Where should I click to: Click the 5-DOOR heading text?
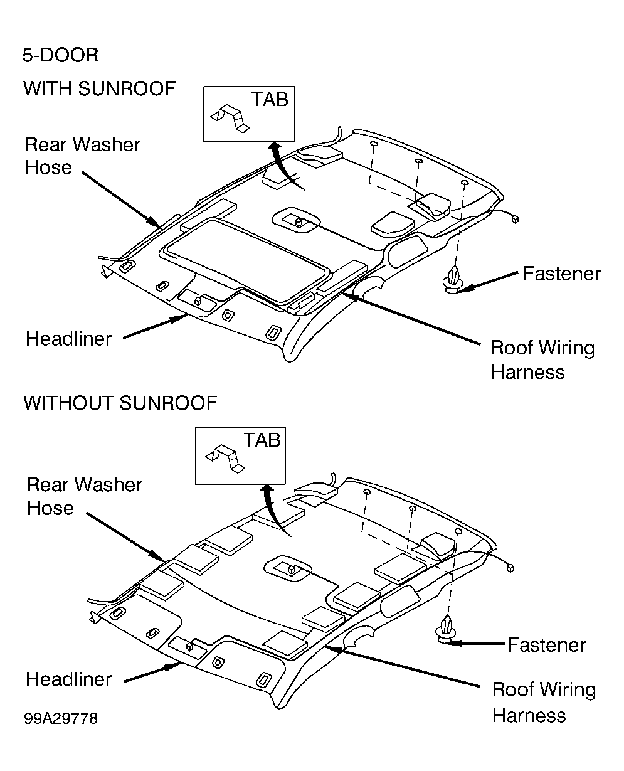click(x=60, y=55)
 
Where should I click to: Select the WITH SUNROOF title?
click(x=100, y=88)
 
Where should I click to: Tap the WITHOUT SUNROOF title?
click(x=120, y=403)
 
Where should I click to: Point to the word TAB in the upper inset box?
click(x=270, y=100)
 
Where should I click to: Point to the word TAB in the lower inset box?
click(x=262, y=440)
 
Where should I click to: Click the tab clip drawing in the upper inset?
click(x=230, y=119)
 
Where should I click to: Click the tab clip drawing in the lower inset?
click(x=225, y=459)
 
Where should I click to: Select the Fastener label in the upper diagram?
click(x=561, y=274)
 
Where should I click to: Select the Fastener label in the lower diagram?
click(x=547, y=646)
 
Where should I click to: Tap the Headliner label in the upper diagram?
click(x=69, y=339)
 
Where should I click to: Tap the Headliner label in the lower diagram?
click(x=69, y=679)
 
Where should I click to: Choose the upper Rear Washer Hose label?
click(x=83, y=156)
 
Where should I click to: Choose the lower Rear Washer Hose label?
click(x=85, y=496)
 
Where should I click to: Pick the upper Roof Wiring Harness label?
click(x=542, y=360)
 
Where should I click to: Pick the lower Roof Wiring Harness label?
click(x=544, y=702)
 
